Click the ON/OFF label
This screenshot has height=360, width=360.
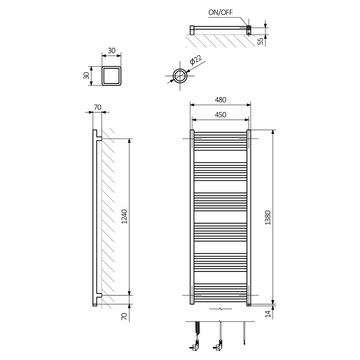point(221,12)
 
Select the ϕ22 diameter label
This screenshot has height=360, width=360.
point(195,60)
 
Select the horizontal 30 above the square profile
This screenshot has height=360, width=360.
point(112,51)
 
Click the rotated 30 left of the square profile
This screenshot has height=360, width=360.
point(86,76)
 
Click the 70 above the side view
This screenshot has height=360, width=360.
point(97,107)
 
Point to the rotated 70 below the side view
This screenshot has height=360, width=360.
point(124,317)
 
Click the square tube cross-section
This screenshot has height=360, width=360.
point(112,76)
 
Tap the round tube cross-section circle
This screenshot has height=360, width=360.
point(180,76)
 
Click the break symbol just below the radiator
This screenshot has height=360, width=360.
point(220,309)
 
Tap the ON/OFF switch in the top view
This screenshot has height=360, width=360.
point(248,27)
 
